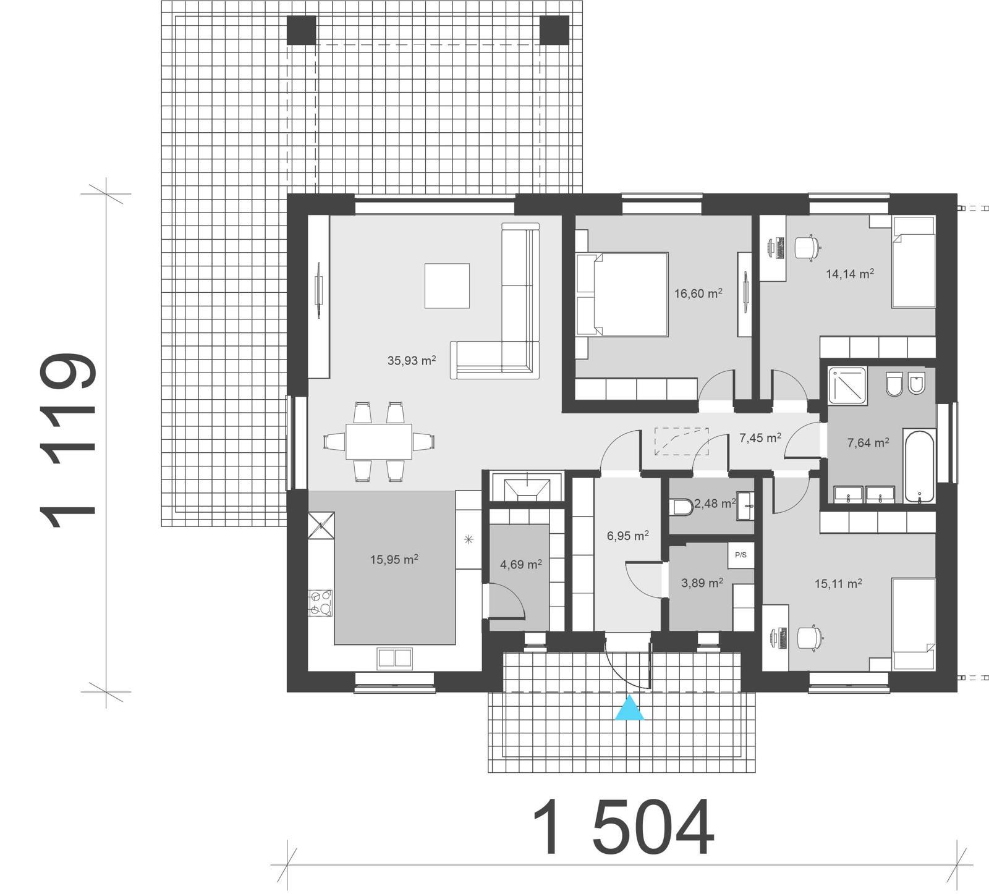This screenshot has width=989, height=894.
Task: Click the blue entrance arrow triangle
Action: tap(629, 709)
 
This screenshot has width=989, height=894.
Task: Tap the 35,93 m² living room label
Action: tap(412, 360)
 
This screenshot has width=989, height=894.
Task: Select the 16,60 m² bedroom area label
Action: tap(698, 293)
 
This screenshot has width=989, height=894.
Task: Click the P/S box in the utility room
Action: tap(741, 555)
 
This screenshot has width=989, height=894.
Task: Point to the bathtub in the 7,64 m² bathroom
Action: tap(919, 466)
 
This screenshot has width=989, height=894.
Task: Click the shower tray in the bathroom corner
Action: tap(847, 385)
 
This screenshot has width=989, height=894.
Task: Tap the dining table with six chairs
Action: tap(379, 441)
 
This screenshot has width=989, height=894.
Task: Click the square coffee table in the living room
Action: tap(447, 285)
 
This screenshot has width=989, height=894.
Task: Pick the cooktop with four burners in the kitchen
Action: tap(320, 603)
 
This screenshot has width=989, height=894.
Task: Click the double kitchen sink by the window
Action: tap(395, 658)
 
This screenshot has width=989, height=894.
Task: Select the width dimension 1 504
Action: tap(622, 829)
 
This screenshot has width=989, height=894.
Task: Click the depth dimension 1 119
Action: tap(68, 441)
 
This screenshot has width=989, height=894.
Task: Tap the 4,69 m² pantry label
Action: tap(521, 564)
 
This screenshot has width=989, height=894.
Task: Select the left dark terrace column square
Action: tap(301, 30)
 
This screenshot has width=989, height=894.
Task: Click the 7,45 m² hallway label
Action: tap(760, 438)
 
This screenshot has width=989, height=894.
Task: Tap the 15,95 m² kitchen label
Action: tap(394, 560)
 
